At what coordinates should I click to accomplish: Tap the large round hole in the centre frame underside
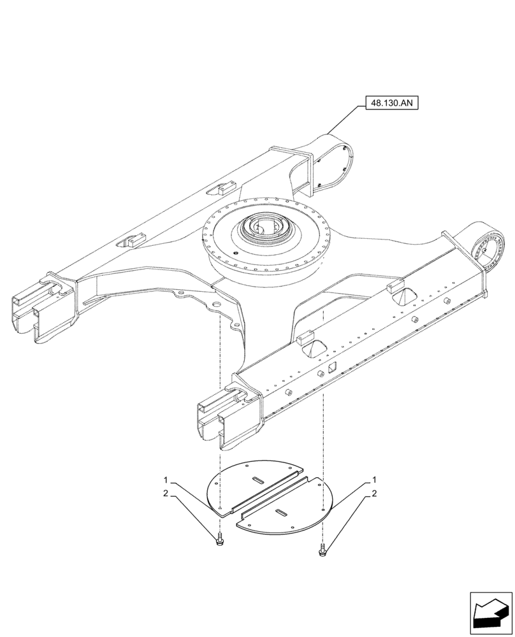point(217,307)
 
